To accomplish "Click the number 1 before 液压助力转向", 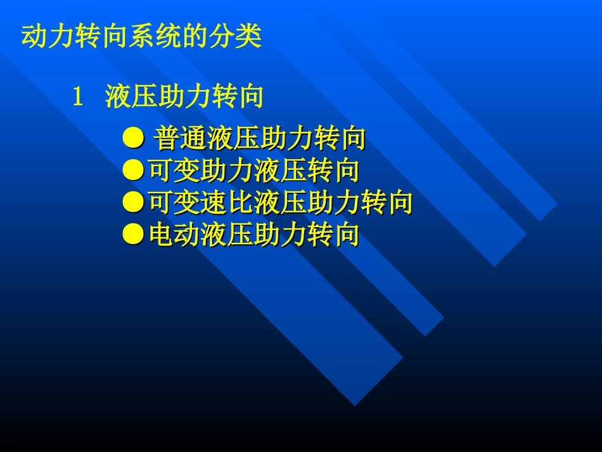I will pos(79,98).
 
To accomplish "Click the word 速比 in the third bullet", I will pos(227,203).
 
